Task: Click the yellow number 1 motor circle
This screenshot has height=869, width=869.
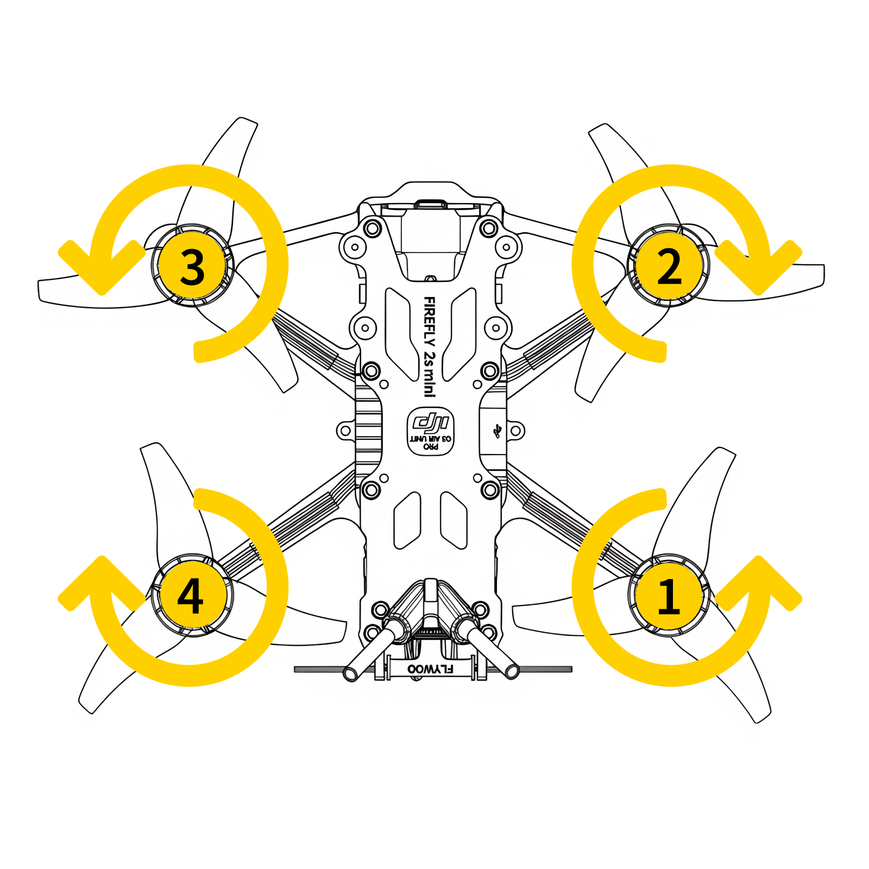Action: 669,595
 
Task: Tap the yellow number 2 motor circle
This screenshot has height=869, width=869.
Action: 669,266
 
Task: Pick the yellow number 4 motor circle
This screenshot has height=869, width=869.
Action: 191,595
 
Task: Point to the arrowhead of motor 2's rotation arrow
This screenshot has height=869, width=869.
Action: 758,272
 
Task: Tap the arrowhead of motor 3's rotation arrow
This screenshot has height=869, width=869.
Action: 102,272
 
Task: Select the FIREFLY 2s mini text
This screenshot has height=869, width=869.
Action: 429,347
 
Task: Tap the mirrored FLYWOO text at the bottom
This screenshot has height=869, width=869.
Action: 430,669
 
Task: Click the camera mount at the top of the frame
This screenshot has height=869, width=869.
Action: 431,239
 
